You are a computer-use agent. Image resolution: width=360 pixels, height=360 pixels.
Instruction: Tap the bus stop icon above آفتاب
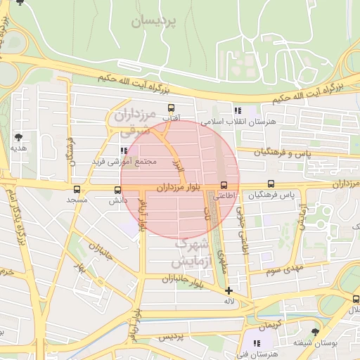tap(171, 108)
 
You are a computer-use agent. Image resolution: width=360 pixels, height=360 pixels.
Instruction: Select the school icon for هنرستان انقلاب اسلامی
tap(238, 110)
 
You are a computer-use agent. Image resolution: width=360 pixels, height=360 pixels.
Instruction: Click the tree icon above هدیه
tap(18, 137)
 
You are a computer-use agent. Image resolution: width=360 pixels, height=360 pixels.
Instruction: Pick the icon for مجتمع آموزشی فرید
tap(124, 150)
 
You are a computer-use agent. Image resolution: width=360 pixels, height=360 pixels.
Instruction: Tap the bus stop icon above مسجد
tap(76, 188)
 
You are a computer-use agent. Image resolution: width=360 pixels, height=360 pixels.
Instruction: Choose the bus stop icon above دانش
tap(117, 188)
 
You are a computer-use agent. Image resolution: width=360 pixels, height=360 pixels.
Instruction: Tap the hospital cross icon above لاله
tap(229, 290)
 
